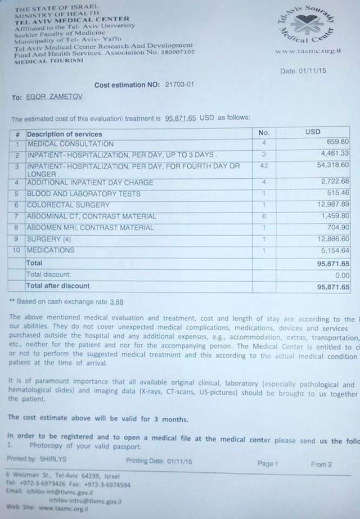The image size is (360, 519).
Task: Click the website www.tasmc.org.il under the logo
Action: [308, 51]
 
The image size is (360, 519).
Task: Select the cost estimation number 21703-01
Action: [180, 85]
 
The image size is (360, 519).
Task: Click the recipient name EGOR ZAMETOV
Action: [54, 97]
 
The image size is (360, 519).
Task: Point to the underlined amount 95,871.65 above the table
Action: [181, 118]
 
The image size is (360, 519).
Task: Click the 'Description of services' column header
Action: [65, 134]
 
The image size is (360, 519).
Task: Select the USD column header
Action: [313, 132]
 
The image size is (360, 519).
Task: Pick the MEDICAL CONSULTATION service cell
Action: [70, 144]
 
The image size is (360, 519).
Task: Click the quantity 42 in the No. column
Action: [264, 166]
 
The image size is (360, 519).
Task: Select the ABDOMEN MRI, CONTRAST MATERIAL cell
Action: [90, 228]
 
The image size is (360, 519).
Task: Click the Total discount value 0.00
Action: [342, 275]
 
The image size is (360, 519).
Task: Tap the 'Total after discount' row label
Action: [58, 286]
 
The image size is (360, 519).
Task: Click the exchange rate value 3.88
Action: [116, 302]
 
